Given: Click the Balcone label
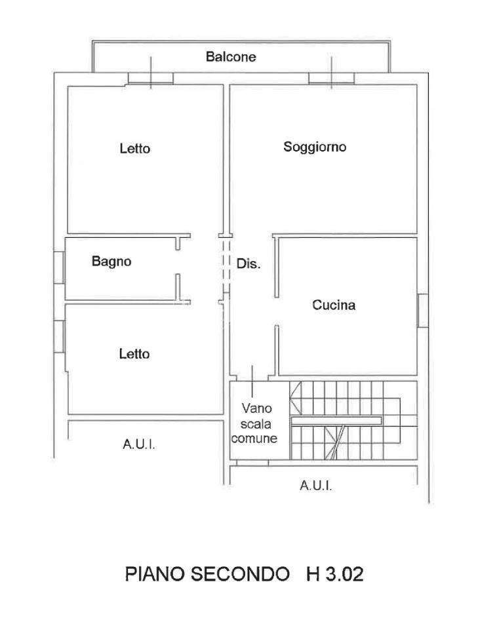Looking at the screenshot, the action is point(231,56).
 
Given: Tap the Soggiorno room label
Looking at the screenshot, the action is point(315,147).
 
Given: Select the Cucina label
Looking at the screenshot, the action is point(334,305).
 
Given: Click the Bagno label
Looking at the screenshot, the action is point(111,262).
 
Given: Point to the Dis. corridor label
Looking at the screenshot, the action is point(248,263).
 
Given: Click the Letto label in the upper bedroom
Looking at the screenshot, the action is point(135,148).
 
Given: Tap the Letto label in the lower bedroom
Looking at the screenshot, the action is point(134,353).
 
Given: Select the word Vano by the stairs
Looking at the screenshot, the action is point(257,408).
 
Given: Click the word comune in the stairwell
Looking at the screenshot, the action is point(254,438).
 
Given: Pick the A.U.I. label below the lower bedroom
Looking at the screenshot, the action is point(138,444).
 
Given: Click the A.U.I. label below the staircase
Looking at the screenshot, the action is point(316,486).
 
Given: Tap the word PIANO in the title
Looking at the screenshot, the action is point(155,574).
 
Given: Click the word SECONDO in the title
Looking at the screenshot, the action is point(240,574).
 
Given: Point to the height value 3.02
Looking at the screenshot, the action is point(345,574).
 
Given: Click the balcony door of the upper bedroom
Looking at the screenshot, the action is point(151,79).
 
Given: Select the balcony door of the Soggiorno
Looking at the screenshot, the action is point(331,79).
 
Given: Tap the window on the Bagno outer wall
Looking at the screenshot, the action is point(59,267).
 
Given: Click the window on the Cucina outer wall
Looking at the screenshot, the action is point(422,311).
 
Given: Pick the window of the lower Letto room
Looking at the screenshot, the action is point(59,336).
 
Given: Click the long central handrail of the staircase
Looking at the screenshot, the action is point(336,421).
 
